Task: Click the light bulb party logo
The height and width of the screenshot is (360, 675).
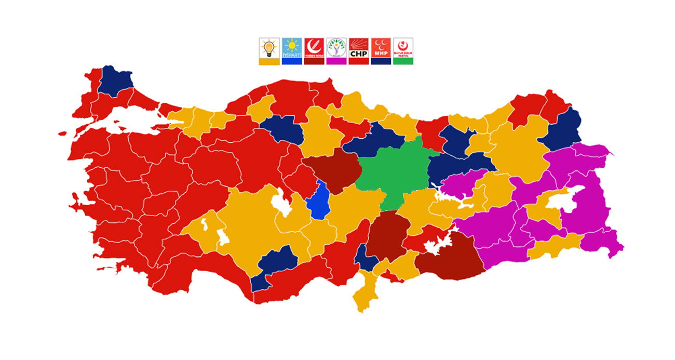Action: click(x=269, y=47)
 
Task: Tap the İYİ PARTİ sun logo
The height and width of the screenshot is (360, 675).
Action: click(x=291, y=47)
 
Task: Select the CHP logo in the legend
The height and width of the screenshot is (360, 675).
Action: click(x=358, y=47)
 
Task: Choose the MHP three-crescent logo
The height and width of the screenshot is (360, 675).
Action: click(x=381, y=47)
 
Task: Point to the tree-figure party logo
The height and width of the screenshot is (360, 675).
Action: click(x=336, y=47)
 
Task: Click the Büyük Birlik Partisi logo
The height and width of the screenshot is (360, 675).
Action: click(x=403, y=47)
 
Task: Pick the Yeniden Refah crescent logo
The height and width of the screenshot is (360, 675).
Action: click(x=314, y=47)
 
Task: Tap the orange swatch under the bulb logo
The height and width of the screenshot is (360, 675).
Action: click(x=269, y=61)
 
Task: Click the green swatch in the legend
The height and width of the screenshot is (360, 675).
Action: click(x=403, y=61)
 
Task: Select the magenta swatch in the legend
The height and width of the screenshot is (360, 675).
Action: click(x=336, y=61)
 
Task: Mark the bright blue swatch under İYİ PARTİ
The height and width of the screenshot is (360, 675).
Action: click(x=291, y=61)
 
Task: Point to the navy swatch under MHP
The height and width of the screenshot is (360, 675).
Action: click(x=381, y=61)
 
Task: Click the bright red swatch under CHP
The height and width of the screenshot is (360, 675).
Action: click(x=358, y=61)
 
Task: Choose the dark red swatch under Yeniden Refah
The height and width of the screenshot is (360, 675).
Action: click(x=314, y=61)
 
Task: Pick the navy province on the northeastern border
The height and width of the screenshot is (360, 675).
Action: click(x=563, y=130)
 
